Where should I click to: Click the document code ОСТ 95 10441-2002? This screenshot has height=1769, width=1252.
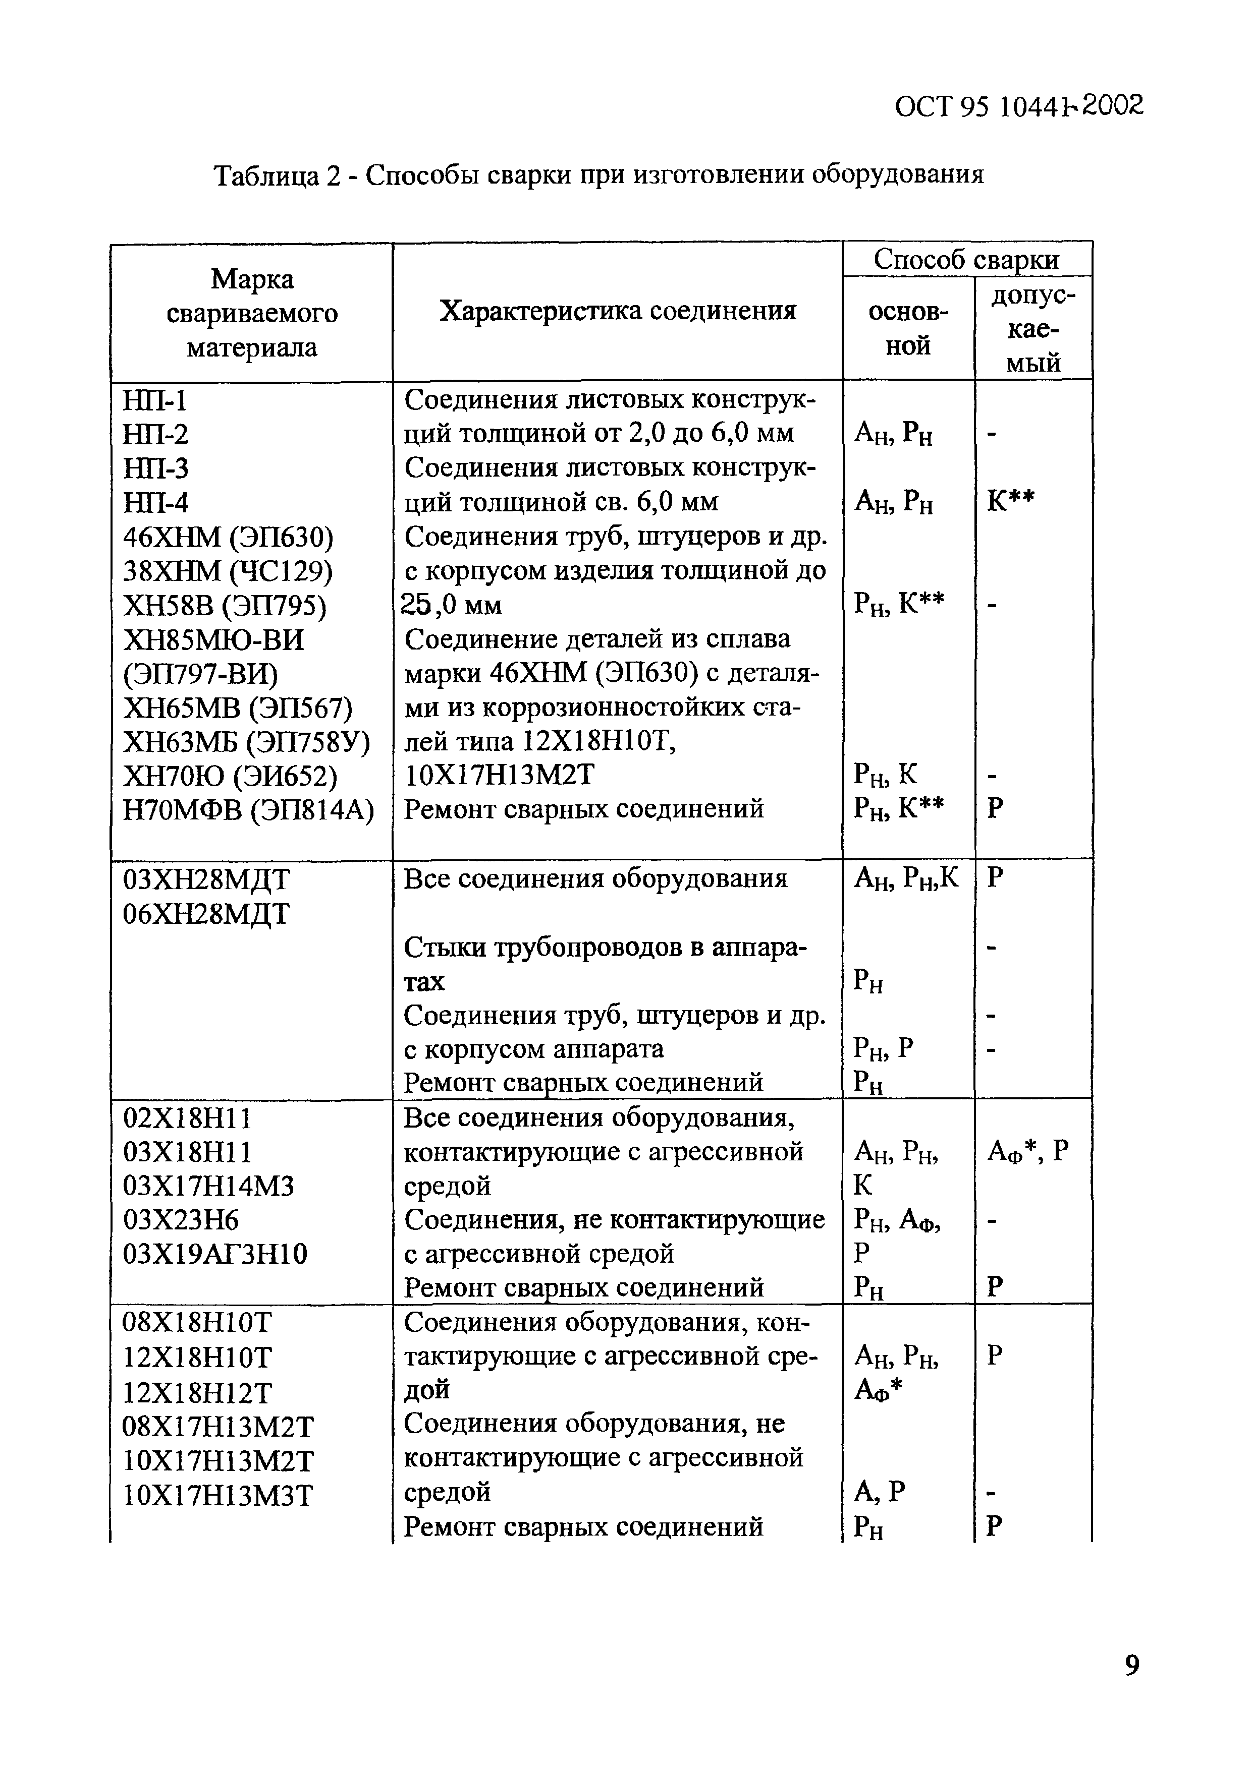(x=1018, y=107)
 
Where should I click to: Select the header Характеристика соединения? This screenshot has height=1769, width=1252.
(x=618, y=311)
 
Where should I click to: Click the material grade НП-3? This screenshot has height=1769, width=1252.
(x=156, y=468)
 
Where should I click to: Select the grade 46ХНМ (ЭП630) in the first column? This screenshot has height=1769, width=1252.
(x=228, y=537)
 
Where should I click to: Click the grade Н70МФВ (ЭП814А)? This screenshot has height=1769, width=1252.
(x=248, y=809)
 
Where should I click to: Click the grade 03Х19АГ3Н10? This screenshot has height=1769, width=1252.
(x=215, y=1254)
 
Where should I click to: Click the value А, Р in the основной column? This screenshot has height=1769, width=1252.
(x=879, y=1492)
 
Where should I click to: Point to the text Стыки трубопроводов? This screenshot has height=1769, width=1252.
(x=539, y=947)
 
